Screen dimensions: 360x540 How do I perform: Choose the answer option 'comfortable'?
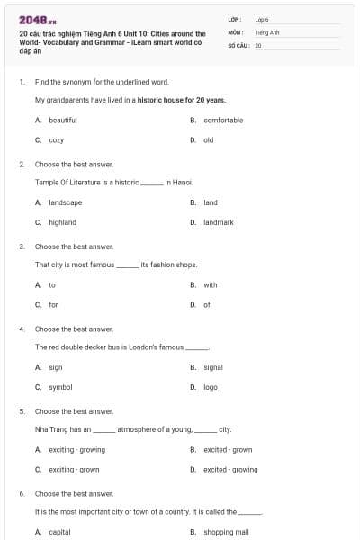pos(223,120)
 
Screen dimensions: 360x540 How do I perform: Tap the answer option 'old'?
pos(208,139)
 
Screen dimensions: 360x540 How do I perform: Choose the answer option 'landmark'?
pos(219,222)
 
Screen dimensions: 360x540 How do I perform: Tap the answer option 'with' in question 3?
pos(210,285)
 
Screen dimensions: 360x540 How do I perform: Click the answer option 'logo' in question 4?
pos(211,387)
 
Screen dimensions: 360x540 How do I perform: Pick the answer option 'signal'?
pos(213,367)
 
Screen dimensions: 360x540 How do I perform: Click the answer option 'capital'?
pos(59,532)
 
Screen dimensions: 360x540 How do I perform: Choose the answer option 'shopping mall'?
pos(225,532)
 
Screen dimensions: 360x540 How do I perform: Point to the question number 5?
pos(22,411)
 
